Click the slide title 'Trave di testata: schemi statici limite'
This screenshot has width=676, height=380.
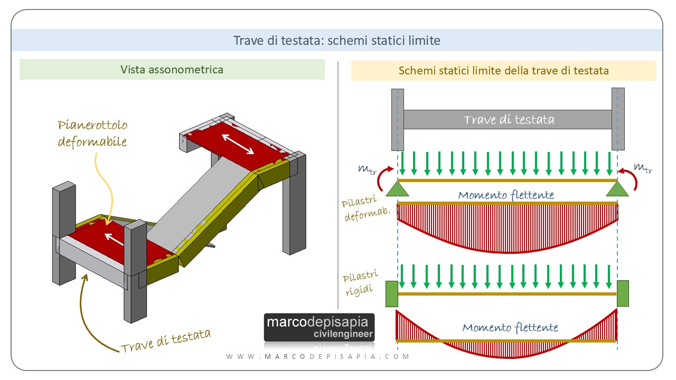[336, 40]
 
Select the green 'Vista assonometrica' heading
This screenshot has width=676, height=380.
[172, 69]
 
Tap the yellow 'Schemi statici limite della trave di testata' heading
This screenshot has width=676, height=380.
[503, 70]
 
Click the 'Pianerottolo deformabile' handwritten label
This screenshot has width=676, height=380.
[92, 134]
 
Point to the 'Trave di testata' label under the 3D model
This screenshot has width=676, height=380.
[166, 341]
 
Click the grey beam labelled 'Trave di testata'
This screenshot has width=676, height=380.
[508, 119]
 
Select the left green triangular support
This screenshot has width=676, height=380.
[397, 188]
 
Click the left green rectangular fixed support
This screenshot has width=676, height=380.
[391, 294]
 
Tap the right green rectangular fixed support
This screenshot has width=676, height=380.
[623, 294]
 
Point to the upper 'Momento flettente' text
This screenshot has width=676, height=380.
[506, 195]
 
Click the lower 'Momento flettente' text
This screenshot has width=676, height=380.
[510, 327]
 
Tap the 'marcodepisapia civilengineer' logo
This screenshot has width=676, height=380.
[319, 327]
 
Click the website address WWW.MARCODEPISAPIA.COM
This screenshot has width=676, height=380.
[318, 357]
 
